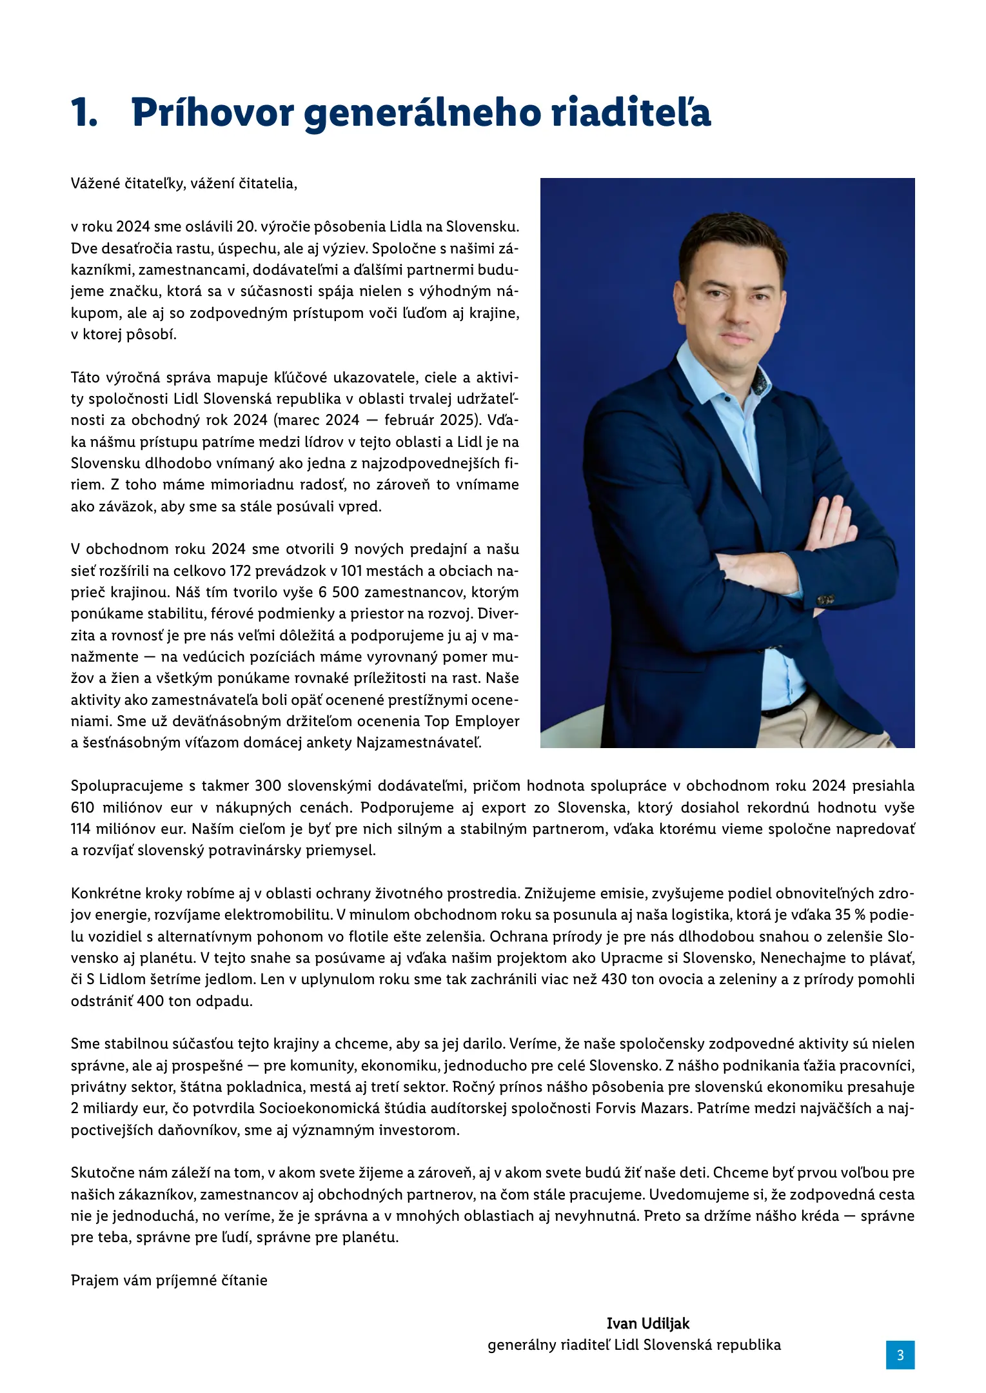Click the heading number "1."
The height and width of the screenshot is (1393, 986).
click(x=84, y=113)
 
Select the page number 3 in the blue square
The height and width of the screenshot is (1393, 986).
click(x=900, y=1354)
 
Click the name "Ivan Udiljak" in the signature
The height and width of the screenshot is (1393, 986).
click(x=647, y=1323)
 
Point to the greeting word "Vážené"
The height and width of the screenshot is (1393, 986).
click(x=95, y=184)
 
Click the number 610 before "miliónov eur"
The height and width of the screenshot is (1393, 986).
click(x=83, y=807)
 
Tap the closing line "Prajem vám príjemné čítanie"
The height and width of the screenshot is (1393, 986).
click(x=169, y=1280)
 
